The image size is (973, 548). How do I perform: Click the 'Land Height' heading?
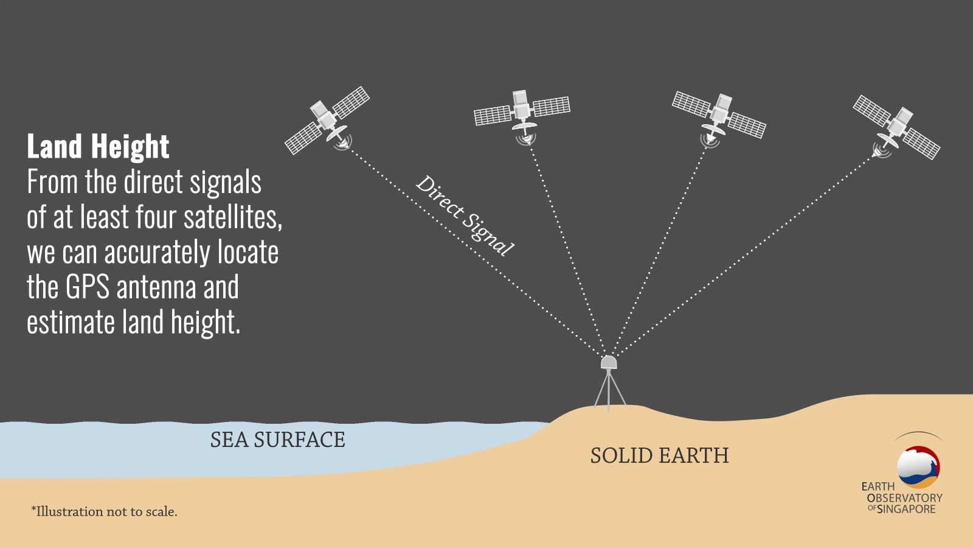point(98,146)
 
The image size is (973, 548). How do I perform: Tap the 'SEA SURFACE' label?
point(277,440)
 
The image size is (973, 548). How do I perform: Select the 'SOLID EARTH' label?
point(659,456)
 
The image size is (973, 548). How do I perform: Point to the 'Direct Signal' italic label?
point(465,216)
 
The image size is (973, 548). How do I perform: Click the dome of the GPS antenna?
point(609,362)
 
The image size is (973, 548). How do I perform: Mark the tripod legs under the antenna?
point(609,390)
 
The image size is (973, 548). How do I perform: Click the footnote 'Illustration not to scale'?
point(104,511)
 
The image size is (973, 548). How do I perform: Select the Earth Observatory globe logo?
point(918,466)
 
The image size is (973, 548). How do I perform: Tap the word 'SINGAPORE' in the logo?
point(906,509)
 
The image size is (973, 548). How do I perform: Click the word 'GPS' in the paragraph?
point(88,287)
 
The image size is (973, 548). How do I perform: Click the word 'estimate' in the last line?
point(71,322)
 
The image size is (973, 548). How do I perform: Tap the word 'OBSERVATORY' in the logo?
point(904,498)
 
